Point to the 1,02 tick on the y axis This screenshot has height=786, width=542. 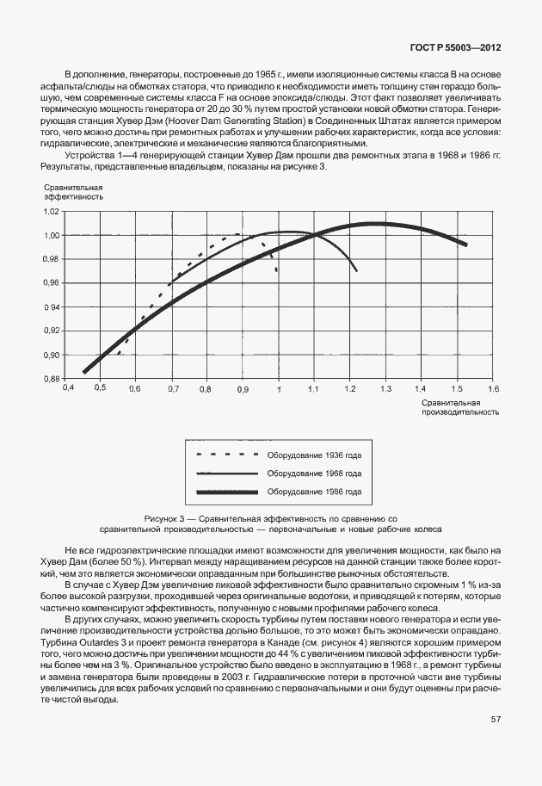[51, 211]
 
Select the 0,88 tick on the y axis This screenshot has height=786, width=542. [51, 379]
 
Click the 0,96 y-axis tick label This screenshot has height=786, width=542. [51, 282]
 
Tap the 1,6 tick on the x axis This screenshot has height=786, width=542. [492, 389]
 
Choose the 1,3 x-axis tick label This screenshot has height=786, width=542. [385, 389]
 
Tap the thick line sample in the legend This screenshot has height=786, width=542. [227, 492]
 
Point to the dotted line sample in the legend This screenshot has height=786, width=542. [227, 454]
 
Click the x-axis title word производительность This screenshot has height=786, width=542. [459, 412]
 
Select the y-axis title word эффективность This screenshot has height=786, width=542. [72, 196]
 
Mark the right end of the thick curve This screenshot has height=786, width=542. [465, 244]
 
